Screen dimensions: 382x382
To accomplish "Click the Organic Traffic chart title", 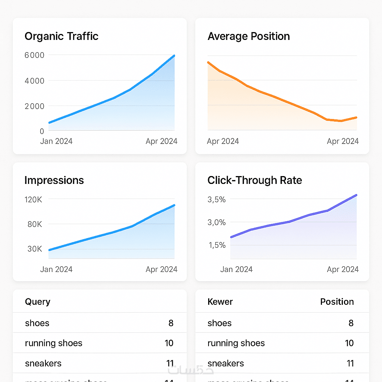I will pyautogui.click(x=62, y=37).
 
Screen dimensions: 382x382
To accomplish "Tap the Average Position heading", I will pyautogui.click(x=248, y=37).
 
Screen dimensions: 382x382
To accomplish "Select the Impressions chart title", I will pyautogui.click(x=54, y=181).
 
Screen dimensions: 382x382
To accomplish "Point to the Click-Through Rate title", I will pyautogui.click(x=255, y=181).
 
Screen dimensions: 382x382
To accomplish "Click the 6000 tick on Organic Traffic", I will pyautogui.click(x=34, y=55).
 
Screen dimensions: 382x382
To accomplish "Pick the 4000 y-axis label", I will pyautogui.click(x=34, y=81).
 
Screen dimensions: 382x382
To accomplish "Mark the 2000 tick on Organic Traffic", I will pyautogui.click(x=34, y=106).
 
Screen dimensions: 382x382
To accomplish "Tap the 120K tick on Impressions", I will pyautogui.click(x=34, y=200).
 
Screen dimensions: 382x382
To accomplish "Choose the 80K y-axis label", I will pyautogui.click(x=35, y=225).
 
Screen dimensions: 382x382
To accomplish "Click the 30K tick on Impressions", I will pyautogui.click(x=35, y=249).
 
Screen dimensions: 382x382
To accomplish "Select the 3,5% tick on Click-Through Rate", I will pyautogui.click(x=216, y=200).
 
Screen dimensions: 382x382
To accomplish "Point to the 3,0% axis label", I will pyautogui.click(x=216, y=223).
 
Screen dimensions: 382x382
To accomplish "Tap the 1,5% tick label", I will pyautogui.click(x=216, y=245).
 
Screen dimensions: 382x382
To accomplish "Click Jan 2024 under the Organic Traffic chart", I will pyautogui.click(x=56, y=141).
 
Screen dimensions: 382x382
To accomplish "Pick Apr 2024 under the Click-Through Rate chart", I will pyautogui.click(x=343, y=269).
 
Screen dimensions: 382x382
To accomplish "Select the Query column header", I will pyautogui.click(x=37, y=302).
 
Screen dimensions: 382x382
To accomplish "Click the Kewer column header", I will pyautogui.click(x=220, y=302).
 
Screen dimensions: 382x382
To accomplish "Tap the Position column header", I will pyautogui.click(x=337, y=302).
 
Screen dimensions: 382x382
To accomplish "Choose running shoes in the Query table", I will pyautogui.click(x=54, y=343).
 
